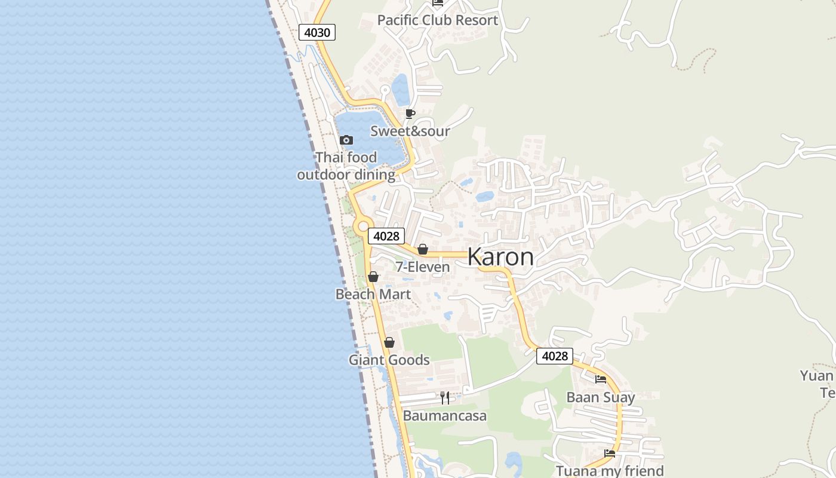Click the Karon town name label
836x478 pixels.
click(500, 257)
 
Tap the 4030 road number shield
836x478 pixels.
click(317, 32)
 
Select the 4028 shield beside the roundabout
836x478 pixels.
click(386, 236)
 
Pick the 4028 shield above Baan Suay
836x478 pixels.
click(554, 356)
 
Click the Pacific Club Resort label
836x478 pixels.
click(437, 20)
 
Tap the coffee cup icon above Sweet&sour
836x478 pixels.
click(410, 114)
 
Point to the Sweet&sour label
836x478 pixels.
click(410, 131)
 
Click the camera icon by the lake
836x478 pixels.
click(346, 140)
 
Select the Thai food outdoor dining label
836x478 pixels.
click(346, 166)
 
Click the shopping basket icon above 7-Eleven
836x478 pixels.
click(423, 249)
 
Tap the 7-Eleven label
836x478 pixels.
click(423, 267)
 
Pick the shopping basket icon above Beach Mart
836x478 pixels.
click(373, 277)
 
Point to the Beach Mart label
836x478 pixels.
click(373, 295)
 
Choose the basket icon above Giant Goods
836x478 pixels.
click(389, 342)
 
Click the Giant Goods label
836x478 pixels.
click(389, 360)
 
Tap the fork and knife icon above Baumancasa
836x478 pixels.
click(445, 398)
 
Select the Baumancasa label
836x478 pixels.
click(445, 416)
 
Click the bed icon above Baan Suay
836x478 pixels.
click(601, 379)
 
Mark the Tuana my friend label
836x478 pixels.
click(610, 471)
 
